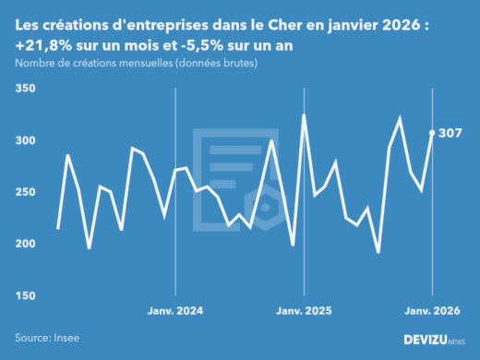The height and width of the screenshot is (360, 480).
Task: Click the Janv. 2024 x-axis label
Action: point(175,311)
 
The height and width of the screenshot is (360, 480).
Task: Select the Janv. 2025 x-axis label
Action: point(304,311)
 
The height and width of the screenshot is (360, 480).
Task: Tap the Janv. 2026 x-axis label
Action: point(432,311)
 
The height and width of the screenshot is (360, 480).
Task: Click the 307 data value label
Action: point(450,133)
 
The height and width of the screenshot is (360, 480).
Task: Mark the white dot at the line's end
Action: point(432,133)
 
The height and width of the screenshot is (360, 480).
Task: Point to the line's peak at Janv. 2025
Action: point(304,115)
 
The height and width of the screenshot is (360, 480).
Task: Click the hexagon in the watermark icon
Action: point(266,208)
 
